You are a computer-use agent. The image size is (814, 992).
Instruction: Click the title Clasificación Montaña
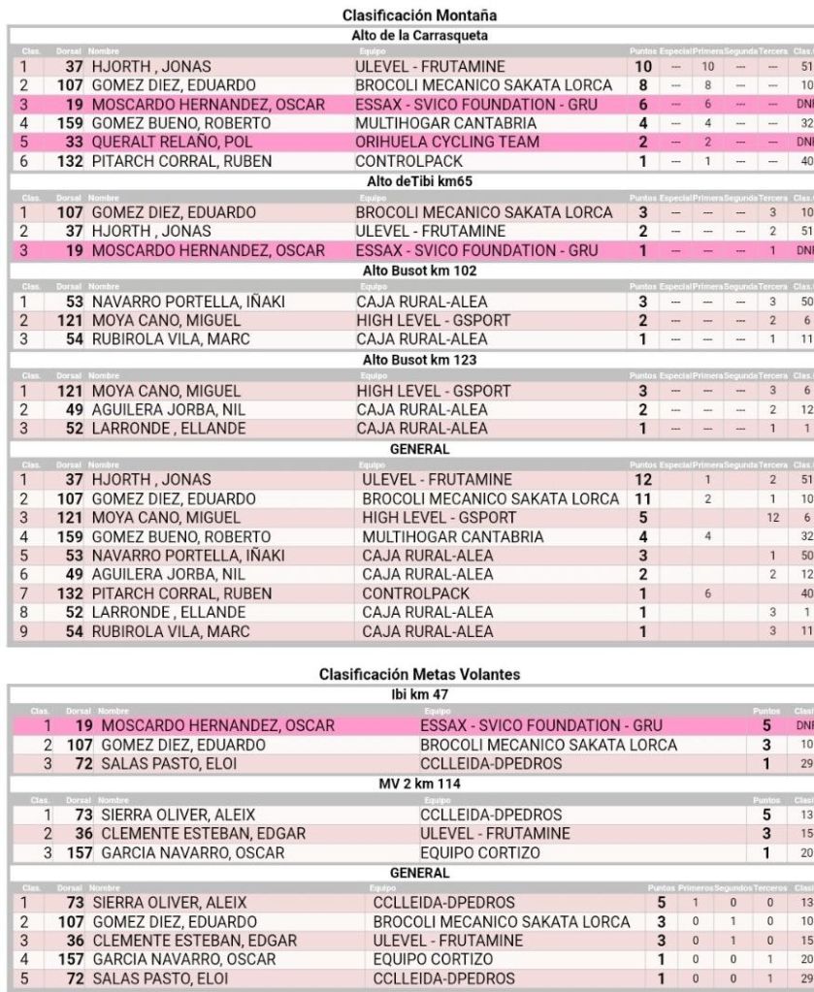(x=407, y=16)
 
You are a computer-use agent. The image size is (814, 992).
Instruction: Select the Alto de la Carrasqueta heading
(x=407, y=36)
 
